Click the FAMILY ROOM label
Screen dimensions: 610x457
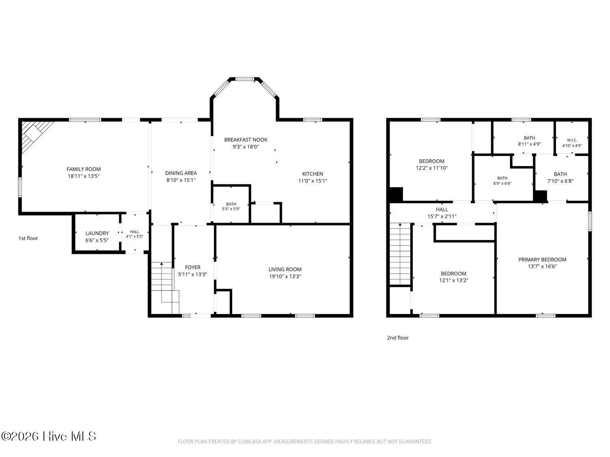point(83,169)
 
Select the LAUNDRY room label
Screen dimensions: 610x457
point(97,233)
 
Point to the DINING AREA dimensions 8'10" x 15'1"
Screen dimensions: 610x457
point(181,180)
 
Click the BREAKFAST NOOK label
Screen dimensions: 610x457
point(246,140)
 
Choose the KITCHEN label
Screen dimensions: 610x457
point(313,174)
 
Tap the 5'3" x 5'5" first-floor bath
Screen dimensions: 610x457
point(231,206)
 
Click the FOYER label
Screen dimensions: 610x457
point(193,267)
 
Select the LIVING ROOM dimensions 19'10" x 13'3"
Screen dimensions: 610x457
point(285,276)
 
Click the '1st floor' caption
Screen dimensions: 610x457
point(28,238)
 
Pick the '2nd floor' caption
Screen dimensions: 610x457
point(398,338)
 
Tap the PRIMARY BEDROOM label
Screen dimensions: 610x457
point(542,260)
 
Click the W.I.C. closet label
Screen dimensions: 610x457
point(572,140)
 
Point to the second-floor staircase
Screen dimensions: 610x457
point(400,254)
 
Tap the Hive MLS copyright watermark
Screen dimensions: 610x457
point(49,436)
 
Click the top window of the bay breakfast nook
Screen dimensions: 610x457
point(244,79)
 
